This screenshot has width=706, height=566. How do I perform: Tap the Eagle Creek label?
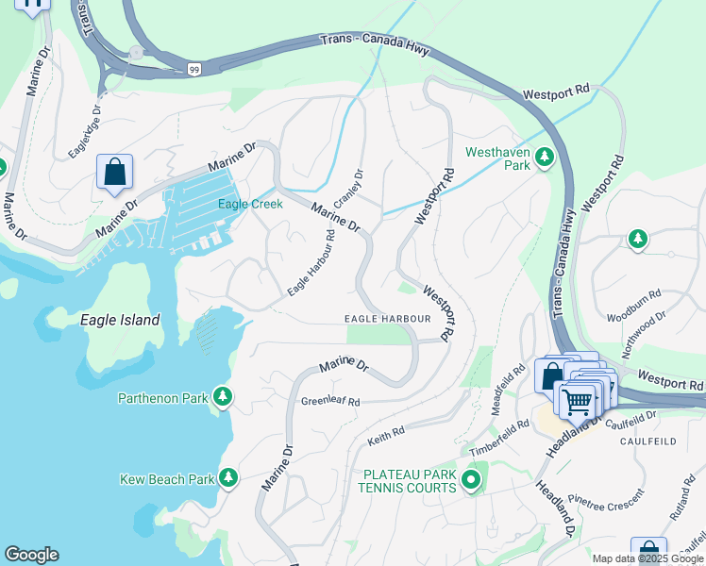pos(250,204)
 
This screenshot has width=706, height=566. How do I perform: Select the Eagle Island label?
pos(120,320)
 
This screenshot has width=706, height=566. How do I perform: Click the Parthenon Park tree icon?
pos(223,397)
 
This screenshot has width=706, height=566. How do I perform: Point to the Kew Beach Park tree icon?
pos(228,478)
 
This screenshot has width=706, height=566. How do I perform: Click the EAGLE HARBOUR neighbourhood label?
pos(387,319)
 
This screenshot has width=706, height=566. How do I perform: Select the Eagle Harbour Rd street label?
pos(311,264)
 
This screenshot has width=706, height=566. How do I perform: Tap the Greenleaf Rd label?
pos(330,402)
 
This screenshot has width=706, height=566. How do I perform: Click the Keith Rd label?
pos(386,434)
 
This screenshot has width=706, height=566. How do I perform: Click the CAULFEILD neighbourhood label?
pos(647,441)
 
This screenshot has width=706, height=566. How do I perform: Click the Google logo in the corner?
pos(31,555)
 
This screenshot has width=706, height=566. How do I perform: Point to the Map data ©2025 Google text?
pos(647,558)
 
